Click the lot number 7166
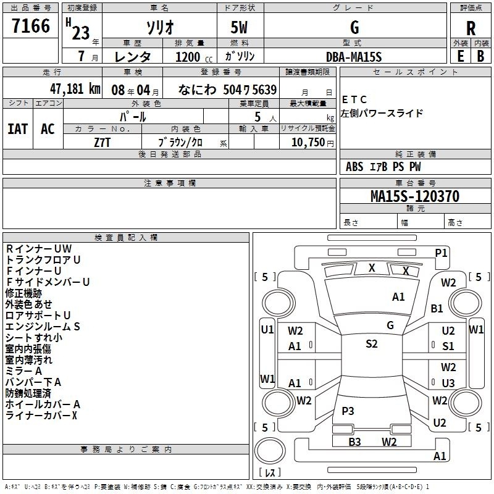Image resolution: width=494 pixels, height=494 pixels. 31,26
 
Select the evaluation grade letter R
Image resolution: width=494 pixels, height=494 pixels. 471,28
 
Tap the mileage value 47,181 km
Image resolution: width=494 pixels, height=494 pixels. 75,89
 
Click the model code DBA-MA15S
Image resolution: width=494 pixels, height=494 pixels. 354,57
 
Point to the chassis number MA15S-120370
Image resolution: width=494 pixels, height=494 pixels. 415,196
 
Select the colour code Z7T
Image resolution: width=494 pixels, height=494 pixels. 102,143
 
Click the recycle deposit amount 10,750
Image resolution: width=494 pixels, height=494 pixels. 308,142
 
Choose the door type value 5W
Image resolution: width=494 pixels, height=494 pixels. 239,27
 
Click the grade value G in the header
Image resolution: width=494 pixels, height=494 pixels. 354,27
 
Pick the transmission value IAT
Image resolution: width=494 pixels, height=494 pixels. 18,129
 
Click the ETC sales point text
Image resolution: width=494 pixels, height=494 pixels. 354,100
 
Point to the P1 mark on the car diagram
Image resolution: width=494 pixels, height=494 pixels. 441,253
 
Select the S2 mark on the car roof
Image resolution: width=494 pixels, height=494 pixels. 372,344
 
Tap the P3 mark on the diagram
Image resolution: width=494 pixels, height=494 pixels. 348,411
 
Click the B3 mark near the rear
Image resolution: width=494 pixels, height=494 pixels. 354,442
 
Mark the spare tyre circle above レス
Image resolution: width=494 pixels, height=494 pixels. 270,451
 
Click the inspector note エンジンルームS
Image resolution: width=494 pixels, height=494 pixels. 43,327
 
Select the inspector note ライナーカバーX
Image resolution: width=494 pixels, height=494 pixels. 41,416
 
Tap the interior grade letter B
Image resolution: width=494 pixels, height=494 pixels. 481,56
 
